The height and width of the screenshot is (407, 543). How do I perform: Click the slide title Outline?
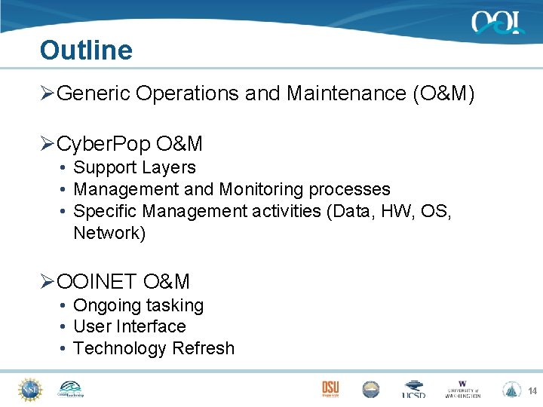click(86, 50)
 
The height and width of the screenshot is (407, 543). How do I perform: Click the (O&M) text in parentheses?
click(443, 93)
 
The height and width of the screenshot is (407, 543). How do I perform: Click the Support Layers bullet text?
click(134, 168)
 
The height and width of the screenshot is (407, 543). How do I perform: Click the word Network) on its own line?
click(109, 233)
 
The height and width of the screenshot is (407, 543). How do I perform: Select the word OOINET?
click(97, 282)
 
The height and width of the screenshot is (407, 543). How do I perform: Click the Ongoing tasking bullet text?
click(138, 306)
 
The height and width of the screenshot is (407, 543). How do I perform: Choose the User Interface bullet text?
click(129, 327)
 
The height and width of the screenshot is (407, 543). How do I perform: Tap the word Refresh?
click(203, 348)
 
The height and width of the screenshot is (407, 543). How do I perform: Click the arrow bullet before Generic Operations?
click(47, 93)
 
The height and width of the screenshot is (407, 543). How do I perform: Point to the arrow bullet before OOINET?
click(47, 282)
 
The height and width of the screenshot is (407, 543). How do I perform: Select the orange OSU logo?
click(330, 389)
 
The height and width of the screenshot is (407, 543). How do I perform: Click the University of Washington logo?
click(463, 389)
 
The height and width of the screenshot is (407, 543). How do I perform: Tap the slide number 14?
click(532, 391)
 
